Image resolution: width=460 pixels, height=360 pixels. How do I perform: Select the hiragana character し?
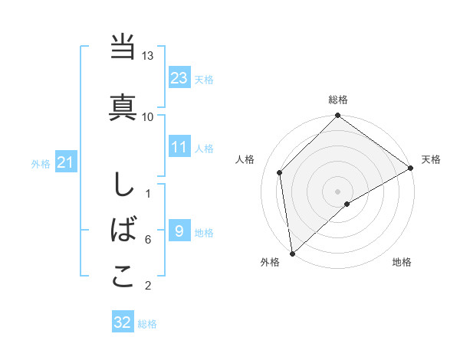pos(123,185)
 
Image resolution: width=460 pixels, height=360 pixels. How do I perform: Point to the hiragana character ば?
pos(123,229)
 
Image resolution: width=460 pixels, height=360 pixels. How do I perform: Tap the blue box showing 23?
pos(179,78)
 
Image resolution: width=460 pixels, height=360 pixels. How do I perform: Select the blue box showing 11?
pos(179,147)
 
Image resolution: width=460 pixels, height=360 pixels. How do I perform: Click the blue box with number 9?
pos(179,231)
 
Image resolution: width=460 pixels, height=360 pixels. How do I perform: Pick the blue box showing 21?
pos(65,162)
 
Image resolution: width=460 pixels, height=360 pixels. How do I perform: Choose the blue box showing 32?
pos(123,322)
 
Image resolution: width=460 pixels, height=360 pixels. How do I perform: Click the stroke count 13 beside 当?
pos(148,57)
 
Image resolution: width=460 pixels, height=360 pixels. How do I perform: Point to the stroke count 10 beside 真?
pos(148,116)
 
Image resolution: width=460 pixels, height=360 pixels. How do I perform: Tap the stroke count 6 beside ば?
pos(148,240)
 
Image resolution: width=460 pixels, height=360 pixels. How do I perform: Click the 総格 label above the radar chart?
pos(337,100)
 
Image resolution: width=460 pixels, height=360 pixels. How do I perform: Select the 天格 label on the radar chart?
pos(431,159)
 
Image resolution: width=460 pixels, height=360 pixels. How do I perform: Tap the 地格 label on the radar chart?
pos(402,262)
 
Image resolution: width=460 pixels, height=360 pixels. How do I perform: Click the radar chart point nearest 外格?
pos(292,253)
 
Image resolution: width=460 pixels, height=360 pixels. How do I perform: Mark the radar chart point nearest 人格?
pos(280,172)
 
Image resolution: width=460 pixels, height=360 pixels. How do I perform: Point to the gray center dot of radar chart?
pos(337,191)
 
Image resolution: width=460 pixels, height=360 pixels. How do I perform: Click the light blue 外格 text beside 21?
pos(41,163)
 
